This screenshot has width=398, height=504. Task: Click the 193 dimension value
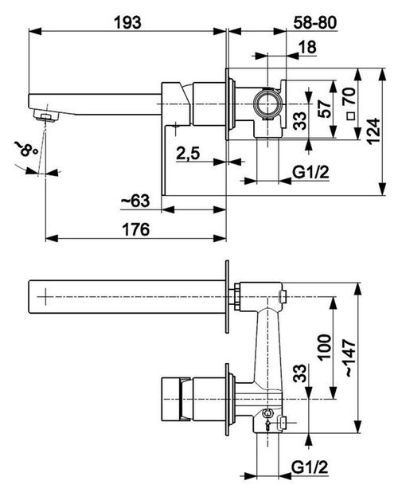[x=128, y=22]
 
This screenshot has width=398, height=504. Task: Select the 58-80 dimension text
[x=315, y=22]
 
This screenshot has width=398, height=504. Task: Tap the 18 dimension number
[x=307, y=47]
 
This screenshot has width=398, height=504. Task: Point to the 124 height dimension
[x=373, y=131]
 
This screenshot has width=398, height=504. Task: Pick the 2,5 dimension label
[x=188, y=154]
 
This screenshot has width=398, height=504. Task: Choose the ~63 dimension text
[x=135, y=201]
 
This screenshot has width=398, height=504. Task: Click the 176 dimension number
[x=136, y=229]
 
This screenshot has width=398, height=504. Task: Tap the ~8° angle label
[x=25, y=150]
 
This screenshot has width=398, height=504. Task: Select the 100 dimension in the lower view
[x=325, y=347]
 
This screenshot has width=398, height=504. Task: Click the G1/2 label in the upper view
[x=310, y=173]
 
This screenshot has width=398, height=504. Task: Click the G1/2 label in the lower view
[x=310, y=467]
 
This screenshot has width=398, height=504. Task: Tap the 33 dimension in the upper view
[x=300, y=120]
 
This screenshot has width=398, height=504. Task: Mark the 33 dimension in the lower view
[x=300, y=373]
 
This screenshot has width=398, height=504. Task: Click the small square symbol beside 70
[x=351, y=115]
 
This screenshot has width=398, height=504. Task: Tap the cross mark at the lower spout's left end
[x=46, y=296]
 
